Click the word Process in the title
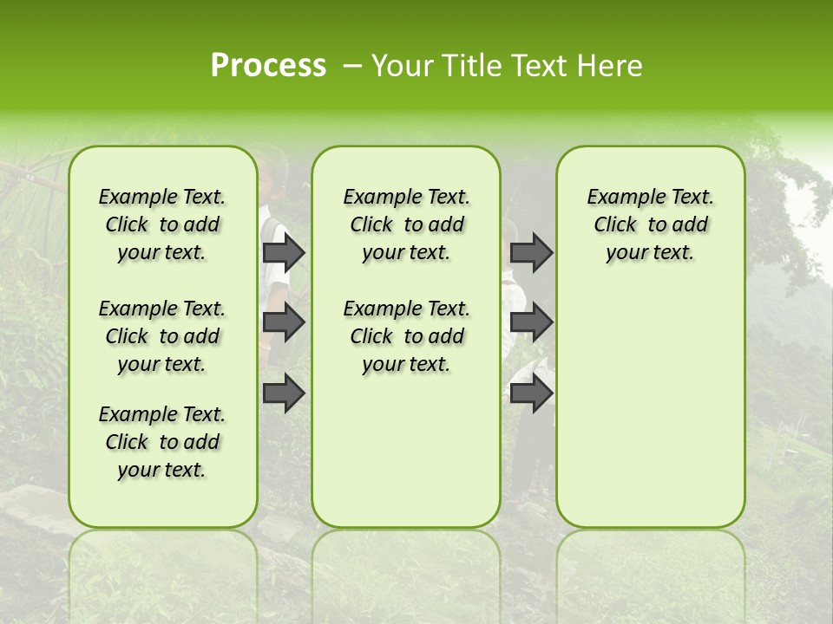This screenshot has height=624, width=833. coord(268,66)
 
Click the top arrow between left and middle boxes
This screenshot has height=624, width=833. coord(284,252)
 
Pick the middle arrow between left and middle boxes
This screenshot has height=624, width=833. coord(284,322)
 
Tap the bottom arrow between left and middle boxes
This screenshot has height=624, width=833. coord(284,393)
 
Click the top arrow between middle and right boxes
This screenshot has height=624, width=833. coord(531,252)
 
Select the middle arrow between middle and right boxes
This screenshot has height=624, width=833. coord(531,322)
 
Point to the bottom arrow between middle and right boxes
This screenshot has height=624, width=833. coord(531,393)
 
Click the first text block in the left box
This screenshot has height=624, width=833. coord(162,224)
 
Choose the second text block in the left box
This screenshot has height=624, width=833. coord(162,336)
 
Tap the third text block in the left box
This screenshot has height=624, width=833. coord(162,442)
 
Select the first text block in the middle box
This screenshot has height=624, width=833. coord(406,224)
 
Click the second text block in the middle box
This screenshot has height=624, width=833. coord(406,336)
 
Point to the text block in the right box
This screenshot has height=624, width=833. coord(650,224)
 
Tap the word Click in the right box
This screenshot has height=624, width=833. coord(615,225)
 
